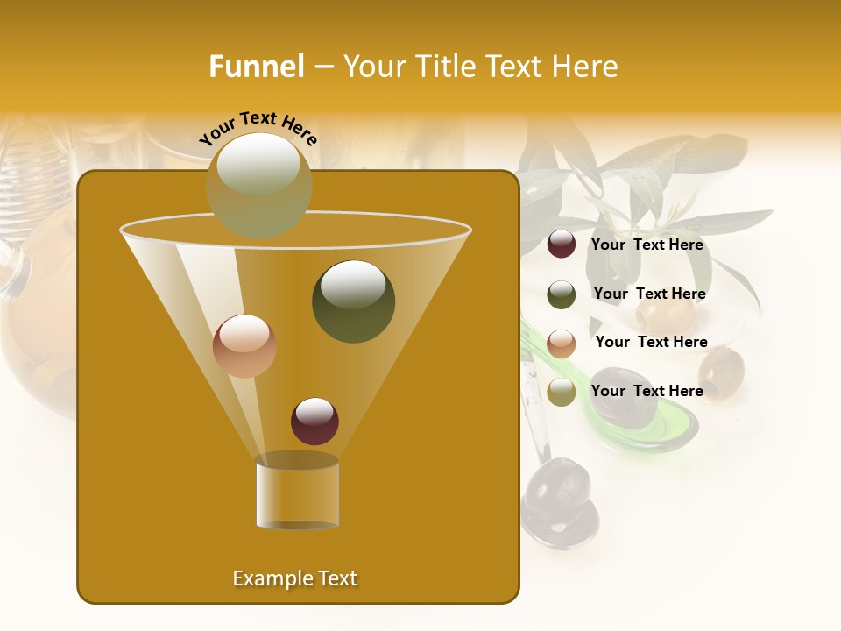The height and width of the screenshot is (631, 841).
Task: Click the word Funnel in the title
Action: point(257,67)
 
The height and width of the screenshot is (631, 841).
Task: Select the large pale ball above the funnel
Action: point(258,185)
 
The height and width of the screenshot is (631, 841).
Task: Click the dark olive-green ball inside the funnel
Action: point(353,301)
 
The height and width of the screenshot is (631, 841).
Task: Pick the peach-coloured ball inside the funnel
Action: point(244,346)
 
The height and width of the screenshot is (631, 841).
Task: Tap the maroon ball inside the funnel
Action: point(314,421)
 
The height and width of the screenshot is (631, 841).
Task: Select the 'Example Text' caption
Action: point(294,578)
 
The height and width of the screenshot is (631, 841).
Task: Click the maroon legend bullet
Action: point(562,245)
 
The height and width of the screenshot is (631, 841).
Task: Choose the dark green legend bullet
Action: point(562,294)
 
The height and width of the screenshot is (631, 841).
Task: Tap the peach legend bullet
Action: point(562,344)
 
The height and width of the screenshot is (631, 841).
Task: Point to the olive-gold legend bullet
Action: point(562,392)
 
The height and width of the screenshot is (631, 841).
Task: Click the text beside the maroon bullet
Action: point(647,245)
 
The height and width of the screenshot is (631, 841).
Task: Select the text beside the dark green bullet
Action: point(649,294)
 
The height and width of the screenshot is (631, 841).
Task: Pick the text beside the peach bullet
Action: point(651,343)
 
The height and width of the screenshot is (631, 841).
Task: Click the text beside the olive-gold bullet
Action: point(647,392)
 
